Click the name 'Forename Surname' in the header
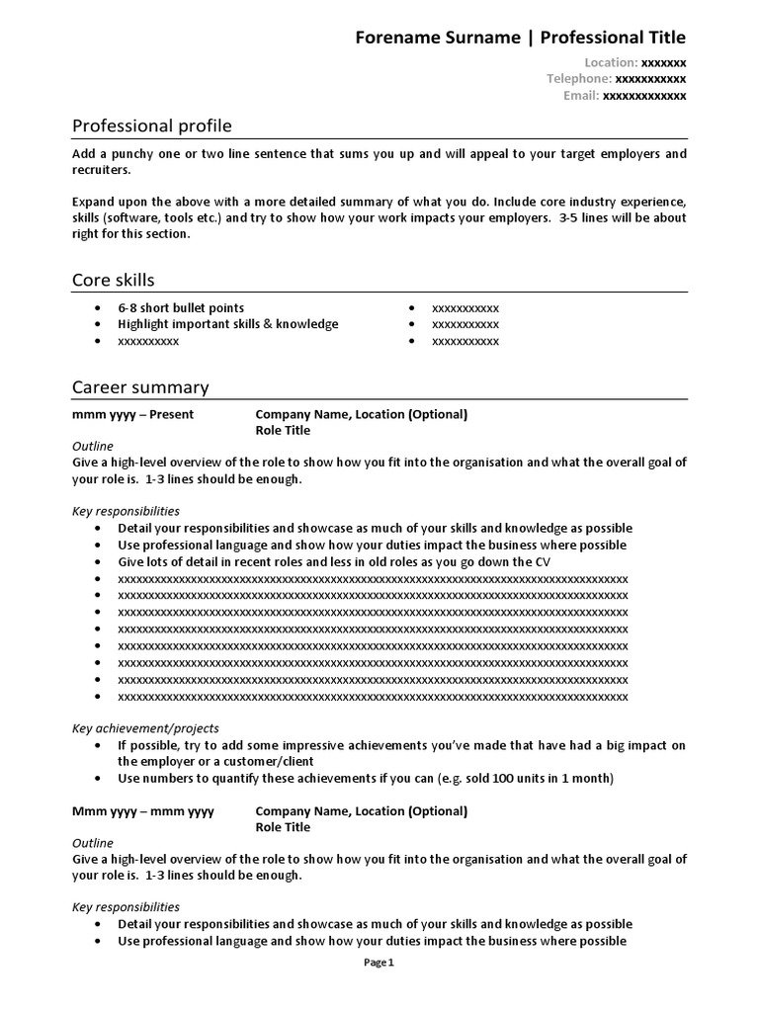(x=437, y=38)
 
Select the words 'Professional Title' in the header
(x=613, y=38)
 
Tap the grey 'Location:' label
(x=611, y=62)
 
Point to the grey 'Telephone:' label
(x=579, y=79)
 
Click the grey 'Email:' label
(x=581, y=96)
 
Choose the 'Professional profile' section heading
(x=152, y=126)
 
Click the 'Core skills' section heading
(x=114, y=280)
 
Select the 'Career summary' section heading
(x=140, y=387)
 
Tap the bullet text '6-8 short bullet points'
(x=181, y=307)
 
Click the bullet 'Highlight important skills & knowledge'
(x=227, y=324)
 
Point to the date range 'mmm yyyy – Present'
(x=133, y=414)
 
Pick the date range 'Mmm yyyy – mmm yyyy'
(x=143, y=811)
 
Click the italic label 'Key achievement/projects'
(x=145, y=728)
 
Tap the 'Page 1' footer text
(x=379, y=963)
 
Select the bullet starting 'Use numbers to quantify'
(x=366, y=778)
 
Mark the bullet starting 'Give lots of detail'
(x=334, y=561)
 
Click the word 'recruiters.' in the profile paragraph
(x=101, y=170)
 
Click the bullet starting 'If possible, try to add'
(x=401, y=745)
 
